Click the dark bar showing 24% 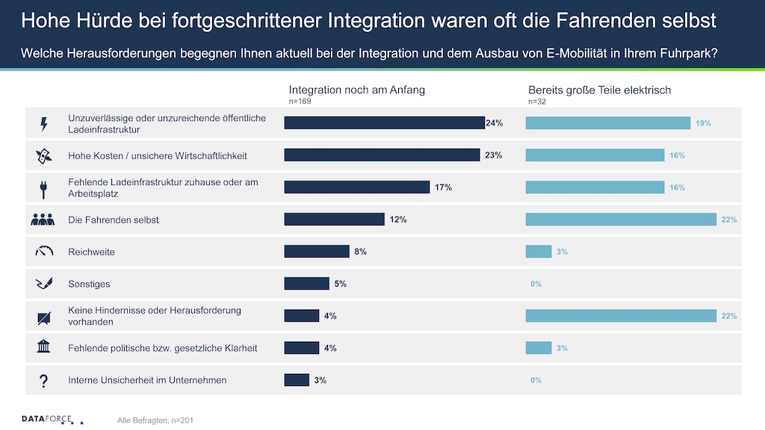[384, 123]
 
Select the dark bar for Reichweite [317, 252]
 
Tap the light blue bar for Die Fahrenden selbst [621, 219]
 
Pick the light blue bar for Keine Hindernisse [621, 316]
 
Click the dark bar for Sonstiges [306, 284]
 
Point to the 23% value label [492, 155]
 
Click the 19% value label [703, 123]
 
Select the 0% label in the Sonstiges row [535, 284]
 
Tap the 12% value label [397, 219]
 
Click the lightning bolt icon [43, 124]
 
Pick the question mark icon [43, 381]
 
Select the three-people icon [43, 219]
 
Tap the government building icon [43, 348]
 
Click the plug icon [43, 188]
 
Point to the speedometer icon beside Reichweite [43, 252]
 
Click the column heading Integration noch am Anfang [356, 90]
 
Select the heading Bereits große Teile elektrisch [599, 90]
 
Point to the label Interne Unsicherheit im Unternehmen [147, 380]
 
